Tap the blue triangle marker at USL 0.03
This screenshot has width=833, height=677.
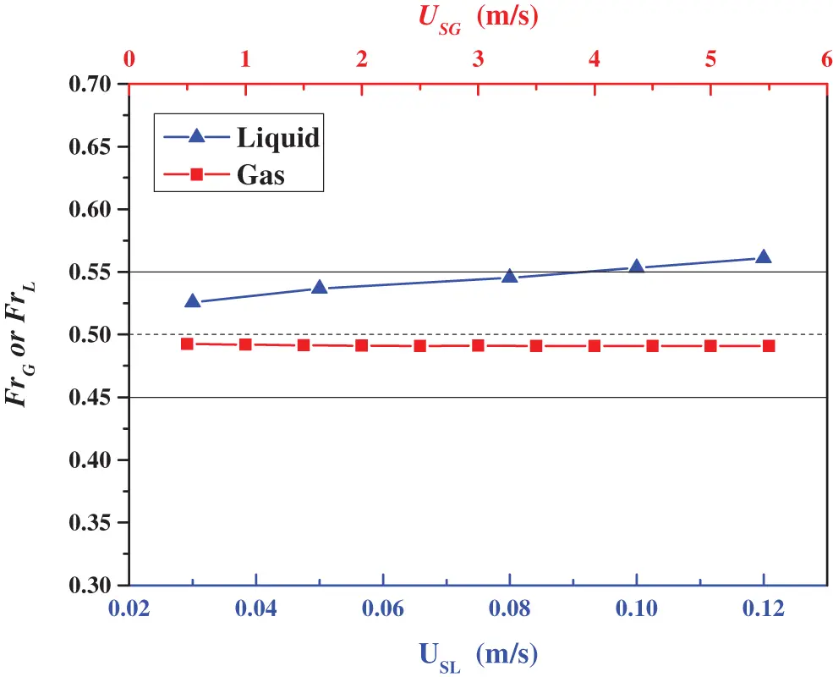point(193,301)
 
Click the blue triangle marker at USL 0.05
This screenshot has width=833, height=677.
point(320,288)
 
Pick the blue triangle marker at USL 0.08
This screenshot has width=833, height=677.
point(509,276)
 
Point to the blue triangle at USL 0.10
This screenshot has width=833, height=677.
point(637,267)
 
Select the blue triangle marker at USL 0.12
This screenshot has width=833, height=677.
point(763,256)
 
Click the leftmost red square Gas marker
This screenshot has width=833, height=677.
point(187,344)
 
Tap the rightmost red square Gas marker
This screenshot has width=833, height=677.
point(769,346)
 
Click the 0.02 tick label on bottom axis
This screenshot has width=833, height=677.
point(129,610)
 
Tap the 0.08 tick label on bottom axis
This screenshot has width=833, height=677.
point(509,610)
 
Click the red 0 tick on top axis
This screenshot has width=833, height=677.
point(129,60)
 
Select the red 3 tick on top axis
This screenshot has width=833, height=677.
point(478,60)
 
